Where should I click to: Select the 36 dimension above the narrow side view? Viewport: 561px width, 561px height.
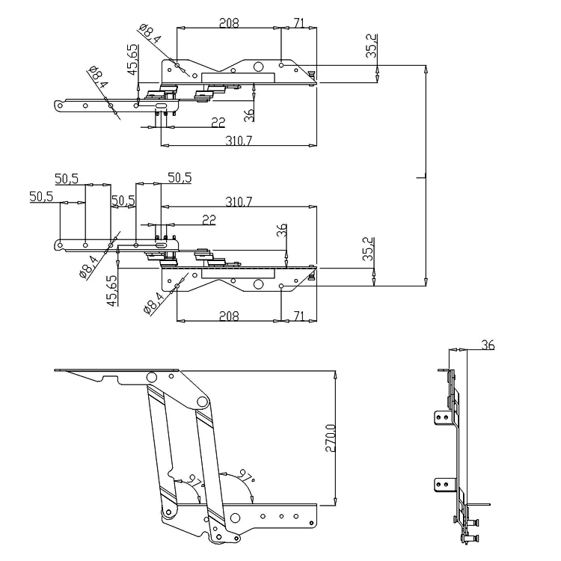click(x=488, y=345)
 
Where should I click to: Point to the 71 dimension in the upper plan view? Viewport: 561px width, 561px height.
click(x=298, y=23)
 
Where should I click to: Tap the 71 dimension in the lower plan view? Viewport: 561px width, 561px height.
click(x=298, y=316)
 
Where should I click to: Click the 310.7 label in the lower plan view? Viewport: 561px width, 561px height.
click(x=239, y=201)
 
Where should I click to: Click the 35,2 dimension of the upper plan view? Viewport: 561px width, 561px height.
click(x=372, y=46)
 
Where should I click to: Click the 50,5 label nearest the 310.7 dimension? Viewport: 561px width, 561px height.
click(x=179, y=177)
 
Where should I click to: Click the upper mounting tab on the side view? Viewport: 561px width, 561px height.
click(x=442, y=416)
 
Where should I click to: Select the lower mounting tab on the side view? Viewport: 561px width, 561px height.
click(x=442, y=485)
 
